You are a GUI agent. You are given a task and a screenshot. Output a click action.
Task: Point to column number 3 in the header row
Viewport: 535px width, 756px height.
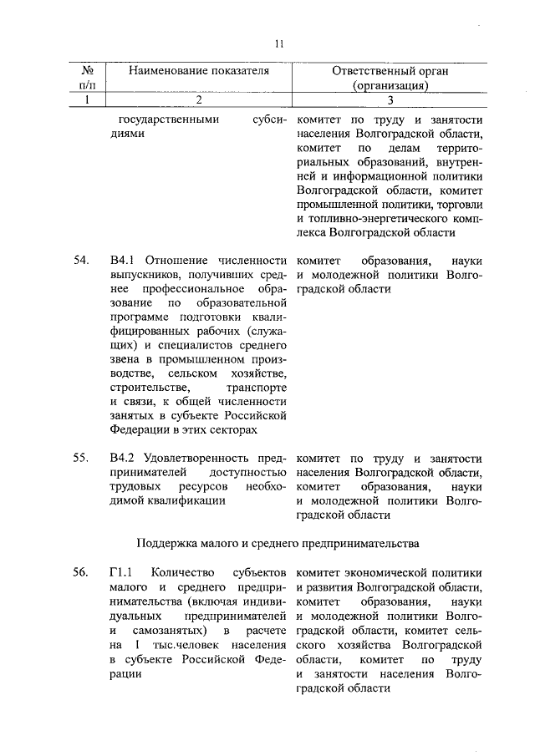pos(390,100)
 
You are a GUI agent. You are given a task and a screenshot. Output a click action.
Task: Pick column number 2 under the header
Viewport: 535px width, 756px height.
pos(198,100)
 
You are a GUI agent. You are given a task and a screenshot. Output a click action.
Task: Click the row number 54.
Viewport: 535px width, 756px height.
pos(81,262)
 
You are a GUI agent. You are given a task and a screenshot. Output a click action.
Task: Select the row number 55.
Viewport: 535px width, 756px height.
pos(81,459)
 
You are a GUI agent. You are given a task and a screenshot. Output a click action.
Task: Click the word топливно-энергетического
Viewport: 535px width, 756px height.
pos(380,219)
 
